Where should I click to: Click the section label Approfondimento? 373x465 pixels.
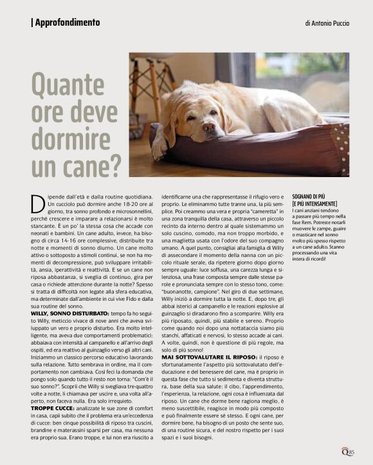(68, 23)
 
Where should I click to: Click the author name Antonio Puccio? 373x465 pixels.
(327, 23)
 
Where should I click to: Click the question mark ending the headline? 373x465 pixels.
(114, 166)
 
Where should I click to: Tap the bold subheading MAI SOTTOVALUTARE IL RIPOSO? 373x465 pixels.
(205, 356)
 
